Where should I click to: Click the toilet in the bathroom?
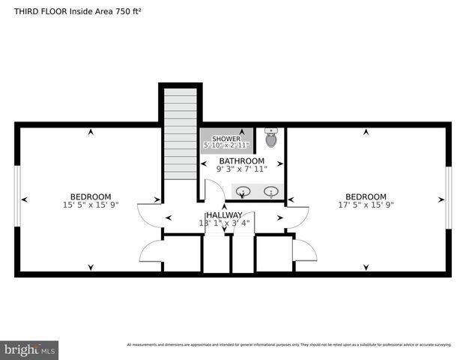(x=271, y=137)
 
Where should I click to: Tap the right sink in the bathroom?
(x=271, y=192)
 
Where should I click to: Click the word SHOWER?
(x=226, y=139)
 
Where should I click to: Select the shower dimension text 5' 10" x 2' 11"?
(x=226, y=145)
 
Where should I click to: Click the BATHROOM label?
(x=241, y=161)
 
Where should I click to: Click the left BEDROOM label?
(x=91, y=196)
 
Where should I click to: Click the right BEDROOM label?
(x=366, y=196)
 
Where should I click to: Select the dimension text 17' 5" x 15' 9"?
(x=366, y=204)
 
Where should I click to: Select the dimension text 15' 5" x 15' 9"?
(x=91, y=204)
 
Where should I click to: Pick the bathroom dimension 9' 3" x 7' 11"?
(x=241, y=169)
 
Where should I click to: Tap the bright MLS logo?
(x=30, y=349)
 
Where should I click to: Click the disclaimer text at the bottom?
(x=288, y=345)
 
